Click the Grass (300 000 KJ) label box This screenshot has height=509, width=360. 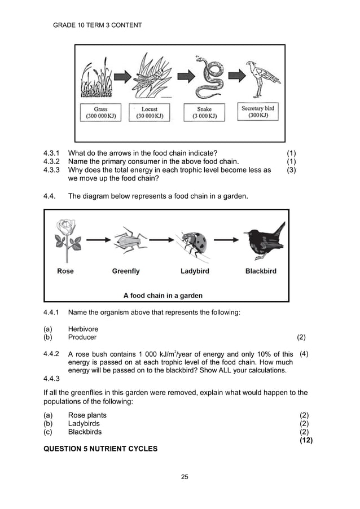101,112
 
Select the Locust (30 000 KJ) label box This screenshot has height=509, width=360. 150,112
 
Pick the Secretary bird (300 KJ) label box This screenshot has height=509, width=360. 260,112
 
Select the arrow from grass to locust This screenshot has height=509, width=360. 121,75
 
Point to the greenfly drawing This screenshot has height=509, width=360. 129,240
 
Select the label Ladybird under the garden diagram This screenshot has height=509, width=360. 195,271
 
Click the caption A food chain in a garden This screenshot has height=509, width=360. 163,295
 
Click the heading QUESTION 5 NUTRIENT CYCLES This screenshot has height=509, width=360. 100,449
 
